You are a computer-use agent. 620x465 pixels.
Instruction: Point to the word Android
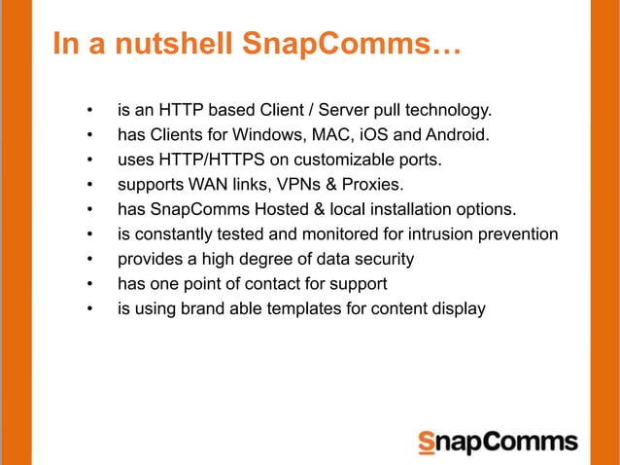(456, 133)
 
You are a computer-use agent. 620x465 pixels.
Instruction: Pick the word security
(380, 260)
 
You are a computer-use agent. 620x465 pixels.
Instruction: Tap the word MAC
(330, 133)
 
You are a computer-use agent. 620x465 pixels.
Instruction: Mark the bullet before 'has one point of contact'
(88, 285)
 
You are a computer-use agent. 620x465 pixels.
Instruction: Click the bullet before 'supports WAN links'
(88, 184)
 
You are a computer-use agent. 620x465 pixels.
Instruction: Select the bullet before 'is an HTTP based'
(88, 108)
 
